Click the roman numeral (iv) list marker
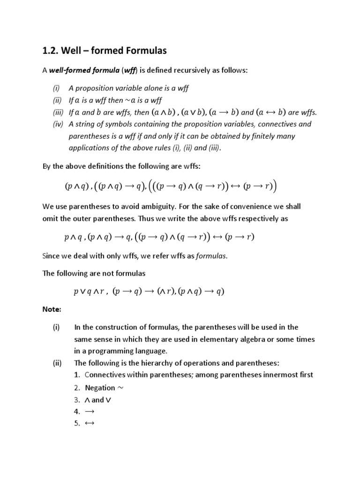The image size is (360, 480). pyautogui.click(x=58, y=124)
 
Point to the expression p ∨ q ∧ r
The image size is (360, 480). pyautogui.click(x=90, y=291)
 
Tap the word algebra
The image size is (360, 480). pyautogui.click(x=260, y=339)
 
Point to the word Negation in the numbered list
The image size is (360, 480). pyautogui.click(x=100, y=388)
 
